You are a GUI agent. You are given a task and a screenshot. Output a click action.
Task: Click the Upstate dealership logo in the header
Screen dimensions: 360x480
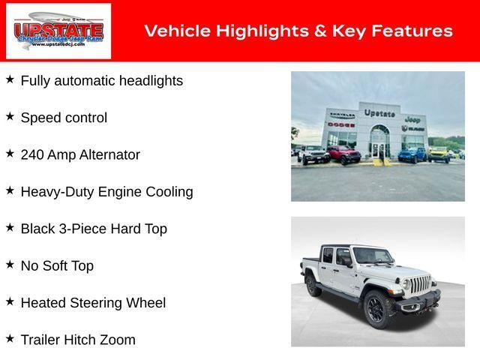58,31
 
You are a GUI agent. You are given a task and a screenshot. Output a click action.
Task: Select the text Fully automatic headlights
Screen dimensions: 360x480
101,81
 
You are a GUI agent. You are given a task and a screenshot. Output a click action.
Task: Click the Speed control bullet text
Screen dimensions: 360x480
64,118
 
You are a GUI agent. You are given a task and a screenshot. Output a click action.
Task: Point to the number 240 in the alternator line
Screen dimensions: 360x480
32,155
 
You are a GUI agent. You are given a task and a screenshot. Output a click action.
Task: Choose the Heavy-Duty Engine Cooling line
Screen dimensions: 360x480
106,192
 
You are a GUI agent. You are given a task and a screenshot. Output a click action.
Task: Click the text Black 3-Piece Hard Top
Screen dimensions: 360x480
94,229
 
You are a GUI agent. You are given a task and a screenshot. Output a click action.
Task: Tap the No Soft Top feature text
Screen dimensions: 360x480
57,266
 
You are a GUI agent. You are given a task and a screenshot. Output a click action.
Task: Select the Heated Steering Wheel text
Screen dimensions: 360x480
93,303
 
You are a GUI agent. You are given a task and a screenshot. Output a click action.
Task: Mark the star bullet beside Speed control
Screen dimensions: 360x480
10,116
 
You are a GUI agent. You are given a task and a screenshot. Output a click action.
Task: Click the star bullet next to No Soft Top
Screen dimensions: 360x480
10,265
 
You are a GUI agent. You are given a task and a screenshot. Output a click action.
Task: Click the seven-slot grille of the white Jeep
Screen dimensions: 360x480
420,285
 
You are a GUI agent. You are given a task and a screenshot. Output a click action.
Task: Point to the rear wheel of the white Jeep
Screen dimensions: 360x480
312,285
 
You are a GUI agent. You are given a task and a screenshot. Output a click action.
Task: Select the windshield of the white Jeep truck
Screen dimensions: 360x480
372,256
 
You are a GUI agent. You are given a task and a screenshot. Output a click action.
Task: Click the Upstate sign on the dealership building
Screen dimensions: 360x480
379,113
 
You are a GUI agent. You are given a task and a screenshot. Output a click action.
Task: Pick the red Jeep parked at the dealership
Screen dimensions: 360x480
343,154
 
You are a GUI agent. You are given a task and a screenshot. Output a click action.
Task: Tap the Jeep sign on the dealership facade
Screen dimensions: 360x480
412,119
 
